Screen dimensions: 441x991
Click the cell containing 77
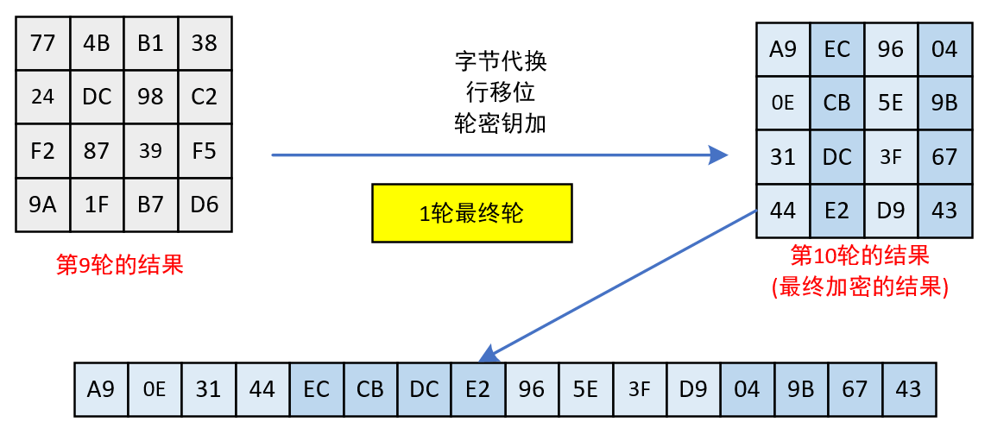pyautogui.click(x=42, y=43)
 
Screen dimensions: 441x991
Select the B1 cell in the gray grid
pyautogui.click(x=150, y=43)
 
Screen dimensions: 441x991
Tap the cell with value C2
pyautogui.click(x=205, y=97)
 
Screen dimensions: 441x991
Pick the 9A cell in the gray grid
pyautogui.click(x=42, y=205)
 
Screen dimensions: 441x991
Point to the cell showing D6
pyautogui.click(x=205, y=205)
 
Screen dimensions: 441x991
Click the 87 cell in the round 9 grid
pyautogui.click(x=97, y=151)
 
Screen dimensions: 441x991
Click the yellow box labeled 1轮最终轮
pyautogui.click(x=471, y=213)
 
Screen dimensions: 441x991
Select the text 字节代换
pyautogui.click(x=501, y=62)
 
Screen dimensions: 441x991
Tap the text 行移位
pyautogui.click(x=501, y=92)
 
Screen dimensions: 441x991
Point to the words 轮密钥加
pyautogui.click(x=501, y=123)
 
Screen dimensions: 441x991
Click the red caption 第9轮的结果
pyautogui.click(x=120, y=265)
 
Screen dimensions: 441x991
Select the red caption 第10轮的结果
pyautogui.click(x=860, y=255)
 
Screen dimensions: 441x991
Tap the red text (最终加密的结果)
pyautogui.click(x=860, y=287)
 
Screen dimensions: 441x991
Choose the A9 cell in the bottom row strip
pyautogui.click(x=101, y=389)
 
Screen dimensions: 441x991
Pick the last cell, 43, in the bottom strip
pyautogui.click(x=908, y=389)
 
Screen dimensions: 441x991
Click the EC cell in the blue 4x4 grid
pyautogui.click(x=837, y=49)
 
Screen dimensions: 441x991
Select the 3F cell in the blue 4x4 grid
pyautogui.click(x=891, y=157)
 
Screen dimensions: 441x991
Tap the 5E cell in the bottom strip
pyautogui.click(x=585, y=389)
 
